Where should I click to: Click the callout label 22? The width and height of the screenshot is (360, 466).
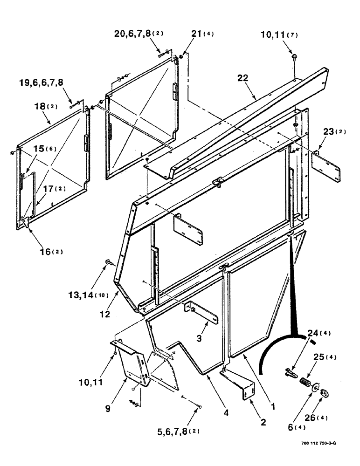tap(255, 80)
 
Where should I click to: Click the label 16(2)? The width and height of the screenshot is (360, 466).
tap(50, 252)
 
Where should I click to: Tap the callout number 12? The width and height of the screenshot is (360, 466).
tap(104, 315)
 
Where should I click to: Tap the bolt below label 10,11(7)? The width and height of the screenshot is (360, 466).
tap(295, 56)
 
